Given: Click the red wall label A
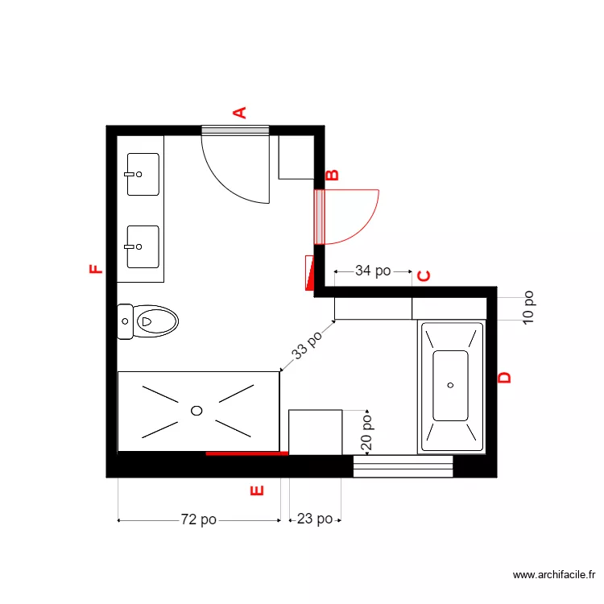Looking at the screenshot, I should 239,112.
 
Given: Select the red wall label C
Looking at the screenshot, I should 424,276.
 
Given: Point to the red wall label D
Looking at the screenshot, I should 505,377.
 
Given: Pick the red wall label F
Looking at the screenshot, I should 96,269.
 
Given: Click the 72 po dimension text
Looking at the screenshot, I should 198,520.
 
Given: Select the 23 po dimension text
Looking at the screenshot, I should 315,519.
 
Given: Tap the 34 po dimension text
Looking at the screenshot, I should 373,271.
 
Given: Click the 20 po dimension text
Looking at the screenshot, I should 366,432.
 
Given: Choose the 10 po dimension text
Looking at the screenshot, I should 527,307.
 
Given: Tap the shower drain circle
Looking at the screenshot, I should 197,411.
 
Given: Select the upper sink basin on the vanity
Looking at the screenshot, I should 143,174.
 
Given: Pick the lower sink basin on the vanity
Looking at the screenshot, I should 143,246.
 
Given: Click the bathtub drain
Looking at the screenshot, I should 451,385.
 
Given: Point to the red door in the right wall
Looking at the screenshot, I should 320,216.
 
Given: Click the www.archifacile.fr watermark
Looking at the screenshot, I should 555,575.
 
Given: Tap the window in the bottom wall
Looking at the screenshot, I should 403,466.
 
